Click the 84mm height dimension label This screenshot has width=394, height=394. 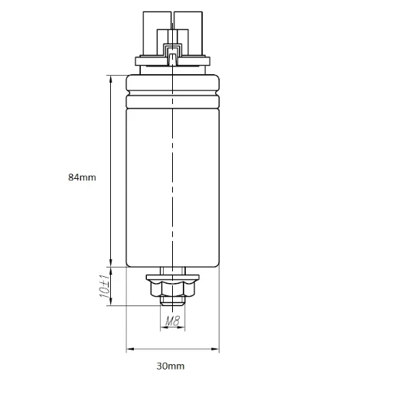(82, 177)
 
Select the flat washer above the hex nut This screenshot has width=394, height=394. (173, 278)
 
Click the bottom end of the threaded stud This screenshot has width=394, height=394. (173, 304)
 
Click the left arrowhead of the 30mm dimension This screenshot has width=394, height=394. (129, 350)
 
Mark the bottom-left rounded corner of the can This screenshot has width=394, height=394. (129, 265)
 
